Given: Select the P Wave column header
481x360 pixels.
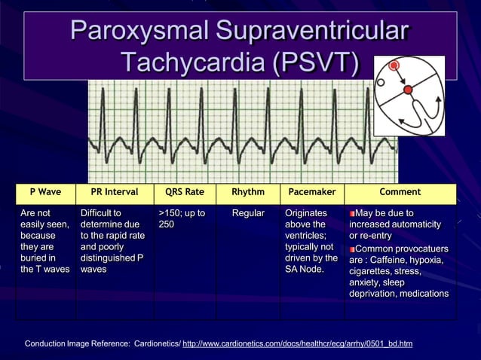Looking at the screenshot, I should pos(45,192).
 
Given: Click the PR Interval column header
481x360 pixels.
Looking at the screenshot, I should pos(114,192).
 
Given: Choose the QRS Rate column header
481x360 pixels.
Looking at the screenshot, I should pos(184,192).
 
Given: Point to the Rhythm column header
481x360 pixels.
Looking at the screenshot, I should pos(248,192).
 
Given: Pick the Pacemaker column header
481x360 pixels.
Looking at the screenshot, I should pos(312,192).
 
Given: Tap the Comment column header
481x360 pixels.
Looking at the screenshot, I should pos(400,192).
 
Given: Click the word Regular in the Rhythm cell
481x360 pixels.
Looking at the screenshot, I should pos(248,213).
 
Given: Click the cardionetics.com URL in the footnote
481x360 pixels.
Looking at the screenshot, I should pos(297,343).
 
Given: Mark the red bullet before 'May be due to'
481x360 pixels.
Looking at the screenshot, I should pos(352,214).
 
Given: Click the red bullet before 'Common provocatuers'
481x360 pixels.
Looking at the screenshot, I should pos(352,249).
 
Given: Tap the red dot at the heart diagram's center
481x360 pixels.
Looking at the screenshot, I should pos(408,90).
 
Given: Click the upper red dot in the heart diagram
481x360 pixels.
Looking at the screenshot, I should pos(394,66).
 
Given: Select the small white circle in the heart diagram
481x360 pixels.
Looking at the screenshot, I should pos(381,82).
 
